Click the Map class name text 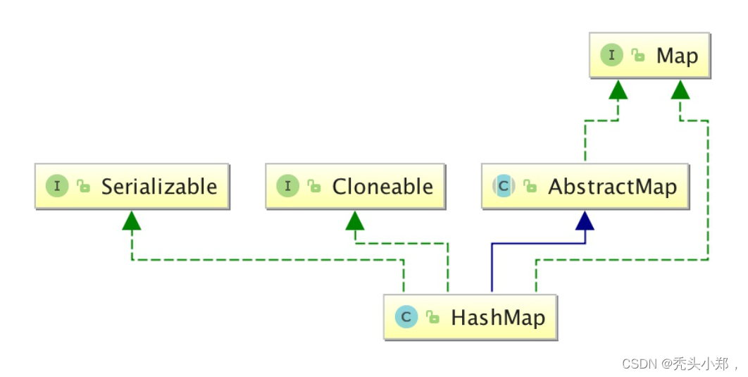[677, 56]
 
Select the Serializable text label [159, 187]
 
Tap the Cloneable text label [382, 187]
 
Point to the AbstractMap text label [612, 187]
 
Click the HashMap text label [498, 317]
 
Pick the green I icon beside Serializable [56, 187]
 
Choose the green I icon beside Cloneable [287, 187]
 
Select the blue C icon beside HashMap [406, 317]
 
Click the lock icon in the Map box [638, 56]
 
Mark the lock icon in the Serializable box [84, 187]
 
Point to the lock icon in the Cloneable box [315, 187]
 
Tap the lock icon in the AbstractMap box [530, 187]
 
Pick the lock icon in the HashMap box [432, 318]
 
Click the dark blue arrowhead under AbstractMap [585, 221]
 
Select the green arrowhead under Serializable [132, 221]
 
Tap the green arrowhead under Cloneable [355, 221]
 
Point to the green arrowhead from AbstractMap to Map [618, 89]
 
